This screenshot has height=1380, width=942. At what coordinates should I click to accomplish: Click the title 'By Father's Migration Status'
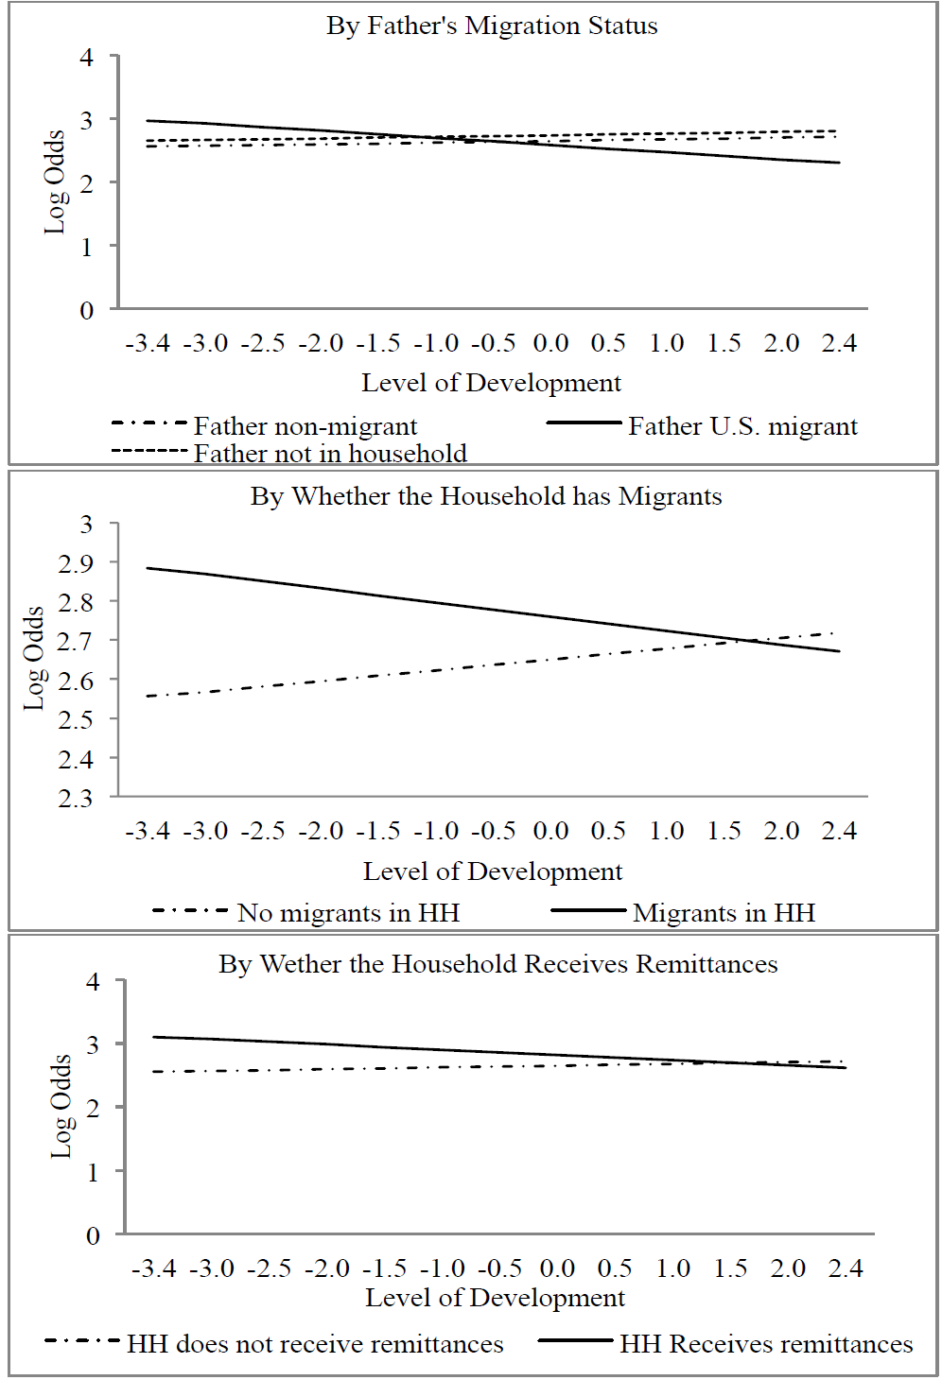[x=492, y=26]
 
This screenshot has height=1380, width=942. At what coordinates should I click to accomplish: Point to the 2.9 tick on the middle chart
[x=76, y=563]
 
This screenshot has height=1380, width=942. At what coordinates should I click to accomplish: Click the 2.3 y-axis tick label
[x=76, y=799]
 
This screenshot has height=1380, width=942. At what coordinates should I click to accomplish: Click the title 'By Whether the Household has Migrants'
[x=486, y=496]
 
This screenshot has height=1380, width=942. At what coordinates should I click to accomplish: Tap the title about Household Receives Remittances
[x=498, y=964]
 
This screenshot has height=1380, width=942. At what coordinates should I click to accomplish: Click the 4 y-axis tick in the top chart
[x=87, y=58]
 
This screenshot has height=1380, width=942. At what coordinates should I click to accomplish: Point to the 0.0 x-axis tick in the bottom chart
[x=557, y=1268]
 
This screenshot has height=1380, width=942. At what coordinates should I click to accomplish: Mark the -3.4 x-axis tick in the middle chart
[x=148, y=831]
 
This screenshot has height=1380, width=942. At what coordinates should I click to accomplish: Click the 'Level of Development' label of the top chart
[x=492, y=383]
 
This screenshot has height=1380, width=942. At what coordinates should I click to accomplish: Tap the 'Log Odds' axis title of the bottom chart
[x=61, y=1106]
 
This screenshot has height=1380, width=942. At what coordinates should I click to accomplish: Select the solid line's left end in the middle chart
[x=148, y=568]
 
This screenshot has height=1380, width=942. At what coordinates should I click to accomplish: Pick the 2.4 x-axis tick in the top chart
[x=839, y=343]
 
